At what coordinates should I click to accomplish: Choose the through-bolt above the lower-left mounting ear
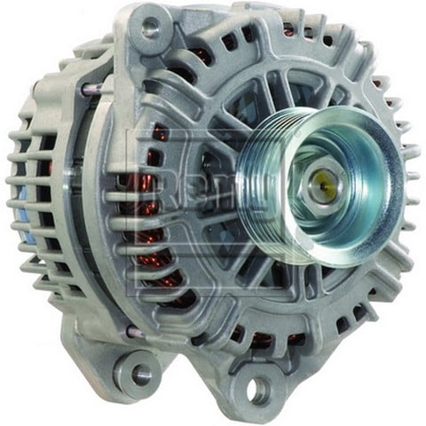click(x=133, y=331)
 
